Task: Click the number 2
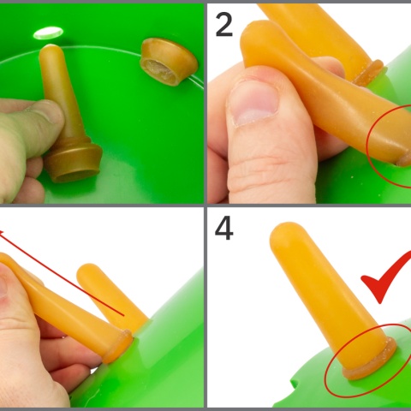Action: coord(224,25)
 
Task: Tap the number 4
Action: coord(224,229)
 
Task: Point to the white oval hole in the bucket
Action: coord(48,33)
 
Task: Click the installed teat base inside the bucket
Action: coord(169,62)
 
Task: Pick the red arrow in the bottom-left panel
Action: coord(62,273)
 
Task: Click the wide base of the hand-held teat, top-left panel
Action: coord(74,161)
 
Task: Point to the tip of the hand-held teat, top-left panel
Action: coord(51,49)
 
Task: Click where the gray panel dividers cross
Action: coord(205,205)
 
